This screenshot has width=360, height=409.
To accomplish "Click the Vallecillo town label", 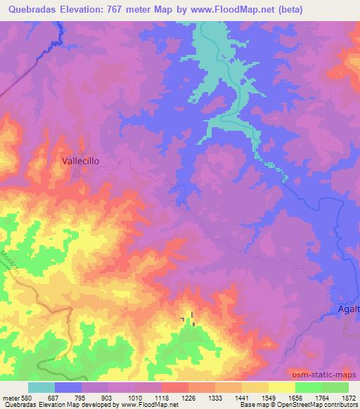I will click(x=81, y=160).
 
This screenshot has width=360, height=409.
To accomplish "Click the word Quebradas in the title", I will click(x=29, y=9).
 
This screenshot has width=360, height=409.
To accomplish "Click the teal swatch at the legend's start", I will click(x=41, y=387).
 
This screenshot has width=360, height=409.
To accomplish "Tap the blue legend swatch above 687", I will click(x=68, y=387).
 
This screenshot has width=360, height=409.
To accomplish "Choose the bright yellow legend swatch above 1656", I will click(x=282, y=387).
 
